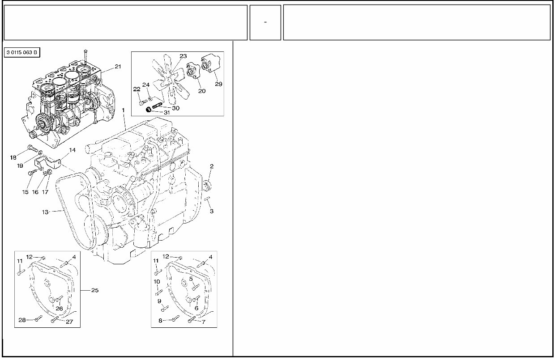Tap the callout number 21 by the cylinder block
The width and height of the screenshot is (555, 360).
point(118,67)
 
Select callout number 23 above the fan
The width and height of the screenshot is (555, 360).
point(183,56)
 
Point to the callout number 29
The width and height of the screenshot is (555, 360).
point(218,84)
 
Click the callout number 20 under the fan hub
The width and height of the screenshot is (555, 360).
point(202,91)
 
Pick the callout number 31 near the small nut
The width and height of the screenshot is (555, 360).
point(166,112)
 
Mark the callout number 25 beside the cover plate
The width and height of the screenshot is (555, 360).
point(94,290)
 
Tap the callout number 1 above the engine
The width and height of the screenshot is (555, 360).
point(123,110)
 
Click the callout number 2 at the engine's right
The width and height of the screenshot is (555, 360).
point(212,166)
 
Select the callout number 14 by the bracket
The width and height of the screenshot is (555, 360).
point(72,151)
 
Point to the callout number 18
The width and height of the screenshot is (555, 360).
point(13,157)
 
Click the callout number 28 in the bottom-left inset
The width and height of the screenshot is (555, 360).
point(22,319)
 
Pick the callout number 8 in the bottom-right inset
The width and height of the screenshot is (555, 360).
point(160,321)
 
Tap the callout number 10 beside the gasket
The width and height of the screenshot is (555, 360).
point(157,282)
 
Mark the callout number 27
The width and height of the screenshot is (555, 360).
point(69,322)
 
